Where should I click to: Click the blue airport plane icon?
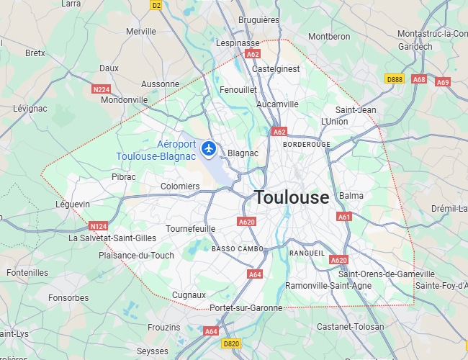click(209, 148)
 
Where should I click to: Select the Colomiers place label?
click(180, 186)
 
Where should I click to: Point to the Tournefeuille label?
click(191, 228)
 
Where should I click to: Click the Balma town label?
click(351, 196)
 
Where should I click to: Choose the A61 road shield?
click(344, 217)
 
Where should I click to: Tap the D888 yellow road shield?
click(395, 79)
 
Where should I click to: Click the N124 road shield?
click(99, 225)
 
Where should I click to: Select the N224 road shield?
click(102, 89)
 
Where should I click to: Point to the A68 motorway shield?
click(419, 79)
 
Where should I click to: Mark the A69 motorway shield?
click(443, 82)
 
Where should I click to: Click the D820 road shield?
click(231, 344)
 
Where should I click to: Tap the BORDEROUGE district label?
click(307, 144)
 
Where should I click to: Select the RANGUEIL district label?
click(307, 253)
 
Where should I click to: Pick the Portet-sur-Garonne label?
click(246, 308)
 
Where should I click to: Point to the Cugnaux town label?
click(189, 295)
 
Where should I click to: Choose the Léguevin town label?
click(73, 204)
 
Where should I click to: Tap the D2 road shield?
click(156, 5)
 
